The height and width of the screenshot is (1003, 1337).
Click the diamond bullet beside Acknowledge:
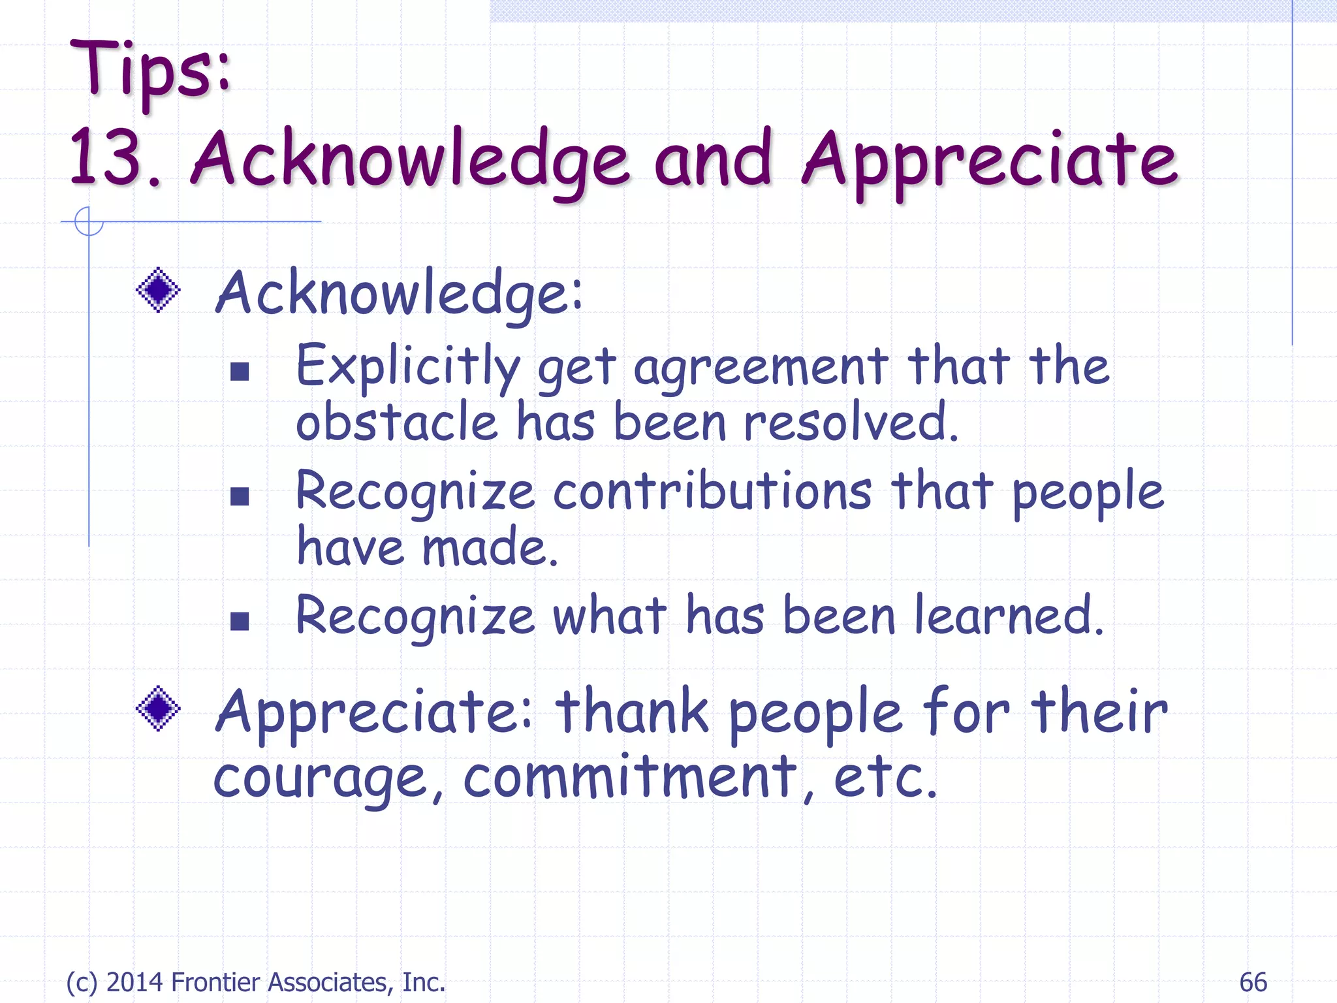pos(158,290)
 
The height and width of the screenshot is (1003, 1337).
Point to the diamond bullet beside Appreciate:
pos(158,708)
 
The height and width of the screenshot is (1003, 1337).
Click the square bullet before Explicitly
pos(240,372)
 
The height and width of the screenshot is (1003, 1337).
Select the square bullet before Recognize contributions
pos(240,496)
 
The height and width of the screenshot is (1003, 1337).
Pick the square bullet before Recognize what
pos(240,620)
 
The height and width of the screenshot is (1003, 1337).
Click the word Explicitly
pos(407,367)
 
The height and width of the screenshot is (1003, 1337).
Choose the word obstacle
pos(397,422)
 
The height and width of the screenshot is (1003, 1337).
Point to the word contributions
pos(712,491)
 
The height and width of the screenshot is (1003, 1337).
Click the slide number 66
pos(1253,982)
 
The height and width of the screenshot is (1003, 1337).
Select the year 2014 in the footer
pos(134,982)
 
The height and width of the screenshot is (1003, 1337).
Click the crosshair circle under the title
pos(89,221)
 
